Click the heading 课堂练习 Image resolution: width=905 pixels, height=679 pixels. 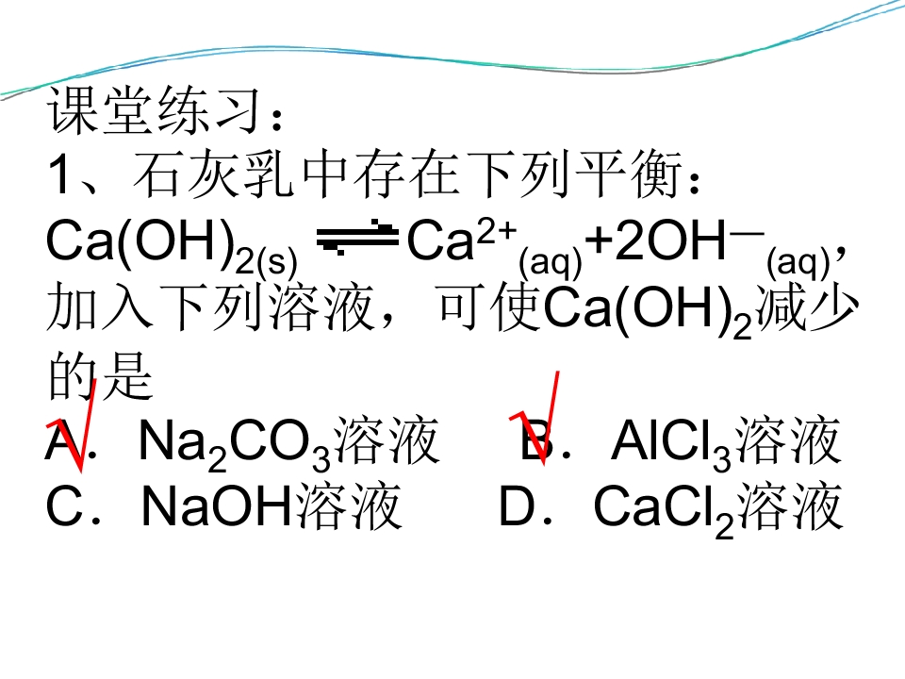click(156, 110)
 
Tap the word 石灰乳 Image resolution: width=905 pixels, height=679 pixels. click(214, 174)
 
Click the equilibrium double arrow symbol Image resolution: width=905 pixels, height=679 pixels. click(357, 238)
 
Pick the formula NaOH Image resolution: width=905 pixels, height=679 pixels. click(216, 507)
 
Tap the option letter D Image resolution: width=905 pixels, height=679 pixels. click(518, 507)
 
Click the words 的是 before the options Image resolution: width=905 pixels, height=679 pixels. click(101, 376)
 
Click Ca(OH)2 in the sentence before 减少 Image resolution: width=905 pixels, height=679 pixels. click(648, 312)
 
